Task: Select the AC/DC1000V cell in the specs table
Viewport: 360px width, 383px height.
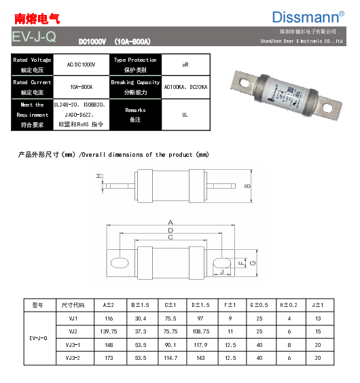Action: [81, 65]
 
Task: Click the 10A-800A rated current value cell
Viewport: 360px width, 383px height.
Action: [81, 87]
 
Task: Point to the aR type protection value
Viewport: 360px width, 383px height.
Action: [185, 65]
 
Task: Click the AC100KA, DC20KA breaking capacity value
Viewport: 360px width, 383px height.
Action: [185, 87]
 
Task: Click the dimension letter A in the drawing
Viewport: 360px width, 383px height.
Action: [171, 222]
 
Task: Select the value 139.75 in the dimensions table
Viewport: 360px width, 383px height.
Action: [109, 331]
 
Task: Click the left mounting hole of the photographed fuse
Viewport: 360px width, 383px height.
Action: [242, 77]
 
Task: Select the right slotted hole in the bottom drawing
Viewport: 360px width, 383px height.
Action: [222, 262]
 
